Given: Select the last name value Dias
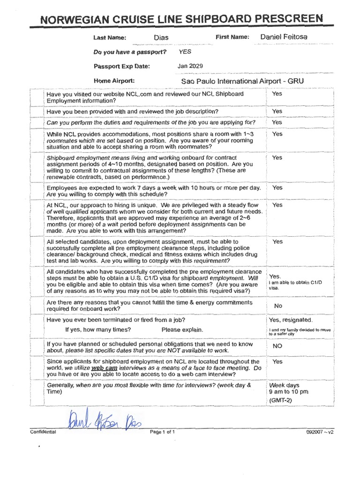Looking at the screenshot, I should coord(161,37).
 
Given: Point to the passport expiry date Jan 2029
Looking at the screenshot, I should coord(189,66).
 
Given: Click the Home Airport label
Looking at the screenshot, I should coord(114,81).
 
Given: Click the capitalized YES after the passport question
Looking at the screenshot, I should coord(185,52).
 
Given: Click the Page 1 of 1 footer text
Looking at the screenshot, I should coord(162,432).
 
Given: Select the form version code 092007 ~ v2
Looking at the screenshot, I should coord(322,432).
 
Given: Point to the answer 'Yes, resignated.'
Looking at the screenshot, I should coord(291,320).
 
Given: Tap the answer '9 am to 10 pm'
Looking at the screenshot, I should coord(288,392).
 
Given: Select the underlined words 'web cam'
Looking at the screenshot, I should coord(104,369).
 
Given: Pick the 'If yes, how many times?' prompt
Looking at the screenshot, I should coord(98,330).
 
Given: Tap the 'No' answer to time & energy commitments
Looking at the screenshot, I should coord(278,306).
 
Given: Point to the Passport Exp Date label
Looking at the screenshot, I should coord(122,66).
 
